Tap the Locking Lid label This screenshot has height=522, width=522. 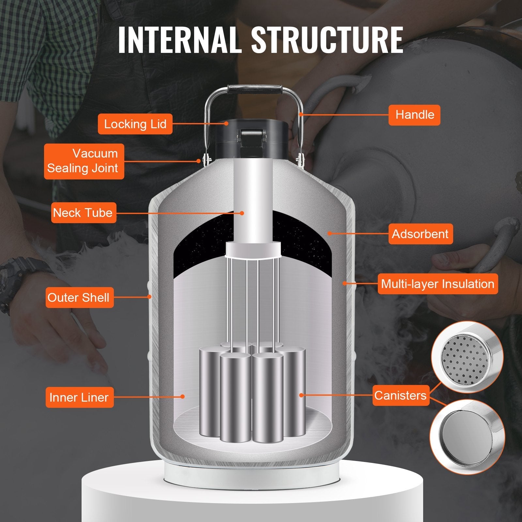(x=135, y=124)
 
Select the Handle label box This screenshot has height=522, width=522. (x=414, y=115)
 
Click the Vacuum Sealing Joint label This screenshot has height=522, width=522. (x=84, y=161)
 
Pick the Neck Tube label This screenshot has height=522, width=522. (x=84, y=213)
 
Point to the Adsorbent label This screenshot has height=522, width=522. (x=421, y=234)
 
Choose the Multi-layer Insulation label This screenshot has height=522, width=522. (x=438, y=284)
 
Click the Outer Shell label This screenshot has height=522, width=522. (x=79, y=298)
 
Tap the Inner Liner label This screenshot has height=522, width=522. (x=79, y=397)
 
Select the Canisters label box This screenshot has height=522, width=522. (x=401, y=395)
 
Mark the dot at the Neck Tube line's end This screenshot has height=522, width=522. (x=242, y=213)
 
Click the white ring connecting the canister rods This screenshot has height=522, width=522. (x=253, y=250)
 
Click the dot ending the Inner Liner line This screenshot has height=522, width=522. (x=183, y=397)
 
